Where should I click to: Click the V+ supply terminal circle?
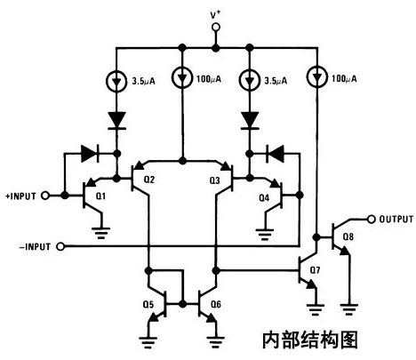coord(216,28)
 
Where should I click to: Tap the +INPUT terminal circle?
coord(45,196)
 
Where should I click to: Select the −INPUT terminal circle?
coord(60,246)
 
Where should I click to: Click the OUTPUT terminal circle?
coord(372,219)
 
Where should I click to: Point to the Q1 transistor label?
coord(101,196)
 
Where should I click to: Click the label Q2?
coord(149,180)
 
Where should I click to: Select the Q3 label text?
coord(215,180)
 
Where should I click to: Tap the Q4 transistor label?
coord(264,198)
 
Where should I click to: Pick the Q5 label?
coord(148,304)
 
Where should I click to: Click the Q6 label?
coord(216,304)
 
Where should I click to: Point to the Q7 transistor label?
coord(315,270)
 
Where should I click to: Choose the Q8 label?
coord(348,236)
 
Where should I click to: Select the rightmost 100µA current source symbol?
coord(317,77)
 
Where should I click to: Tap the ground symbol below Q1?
coord(101,233)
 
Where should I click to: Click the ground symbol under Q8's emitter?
coord(349,309)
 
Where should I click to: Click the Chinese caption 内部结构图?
coord(310,340)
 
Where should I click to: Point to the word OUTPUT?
coord(396,220)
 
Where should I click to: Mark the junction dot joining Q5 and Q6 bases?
coord(183,304)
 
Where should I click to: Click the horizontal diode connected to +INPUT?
coord(90,154)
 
